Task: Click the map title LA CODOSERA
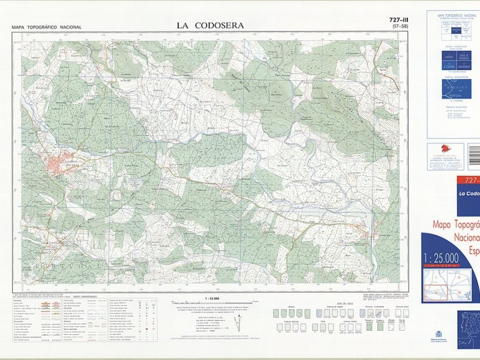(x=211, y=25)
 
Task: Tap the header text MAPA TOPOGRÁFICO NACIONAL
(x=46, y=28)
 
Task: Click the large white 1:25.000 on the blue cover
(x=441, y=259)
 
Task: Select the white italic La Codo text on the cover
(x=469, y=193)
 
